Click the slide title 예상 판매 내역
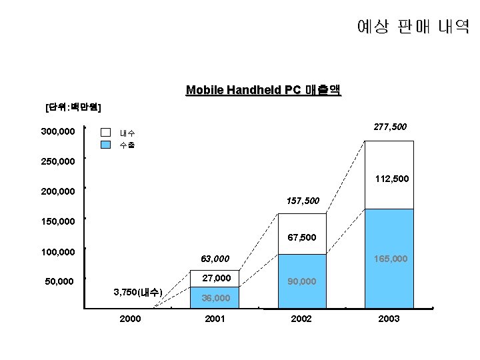click(x=413, y=27)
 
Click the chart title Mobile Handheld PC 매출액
click(x=263, y=90)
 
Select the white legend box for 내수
click(x=105, y=133)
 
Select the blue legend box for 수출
click(x=105, y=145)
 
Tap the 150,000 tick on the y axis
click(x=57, y=221)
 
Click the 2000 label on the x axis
click(x=130, y=319)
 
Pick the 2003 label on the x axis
click(x=389, y=319)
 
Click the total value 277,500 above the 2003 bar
click(x=390, y=127)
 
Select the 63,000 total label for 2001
click(x=215, y=259)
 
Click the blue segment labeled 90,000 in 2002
click(x=302, y=282)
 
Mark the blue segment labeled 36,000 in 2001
click(x=215, y=298)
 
